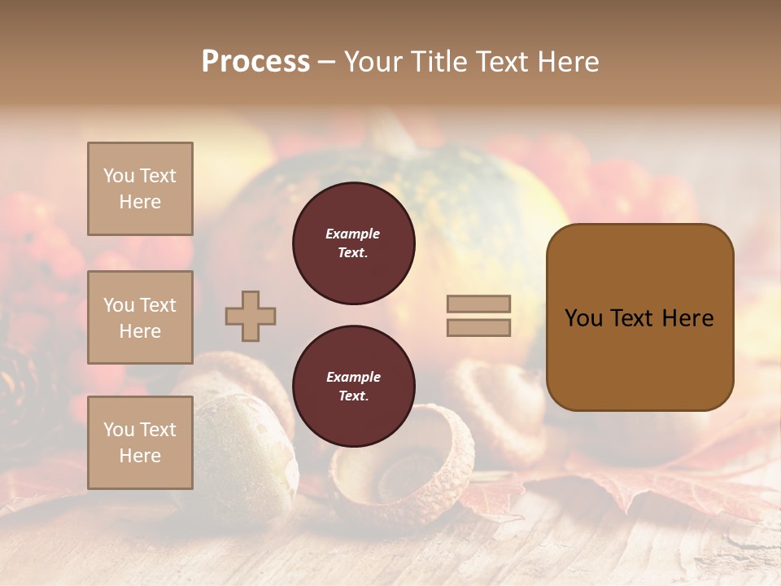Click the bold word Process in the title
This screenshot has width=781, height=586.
tap(255, 62)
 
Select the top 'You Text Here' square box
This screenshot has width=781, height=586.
tap(140, 189)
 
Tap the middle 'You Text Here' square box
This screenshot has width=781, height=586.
tap(140, 317)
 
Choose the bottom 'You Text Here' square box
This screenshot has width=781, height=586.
tap(140, 443)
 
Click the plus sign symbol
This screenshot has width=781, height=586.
tap(251, 316)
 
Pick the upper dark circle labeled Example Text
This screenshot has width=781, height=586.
tap(354, 243)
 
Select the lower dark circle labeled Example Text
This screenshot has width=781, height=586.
tap(354, 387)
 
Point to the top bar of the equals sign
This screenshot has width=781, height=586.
tap(478, 304)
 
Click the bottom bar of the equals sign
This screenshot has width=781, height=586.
tap(478, 327)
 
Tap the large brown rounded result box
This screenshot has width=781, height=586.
tap(639, 317)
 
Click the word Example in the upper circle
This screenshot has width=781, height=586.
tap(352, 234)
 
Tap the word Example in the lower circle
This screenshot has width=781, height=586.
tap(353, 377)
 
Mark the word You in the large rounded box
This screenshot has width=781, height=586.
tap(583, 318)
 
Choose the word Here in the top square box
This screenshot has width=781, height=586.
tap(140, 202)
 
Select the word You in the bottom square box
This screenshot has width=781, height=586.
tap(119, 430)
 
